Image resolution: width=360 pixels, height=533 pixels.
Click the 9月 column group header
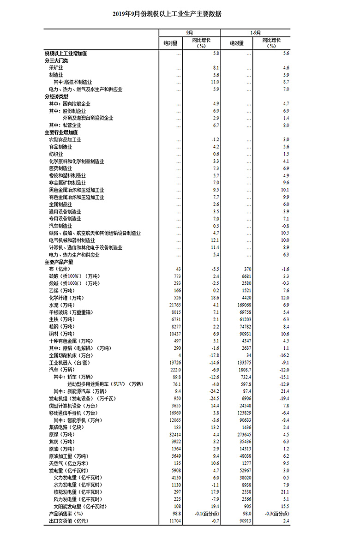tap(190, 33)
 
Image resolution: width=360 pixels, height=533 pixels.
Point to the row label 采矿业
tap(56, 68)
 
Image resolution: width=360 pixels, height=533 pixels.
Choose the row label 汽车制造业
tap(60, 226)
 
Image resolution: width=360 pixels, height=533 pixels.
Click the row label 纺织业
tap(56, 154)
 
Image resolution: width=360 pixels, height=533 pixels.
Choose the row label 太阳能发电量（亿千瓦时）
tap(81, 507)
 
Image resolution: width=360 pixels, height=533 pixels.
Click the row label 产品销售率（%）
tap(66, 514)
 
